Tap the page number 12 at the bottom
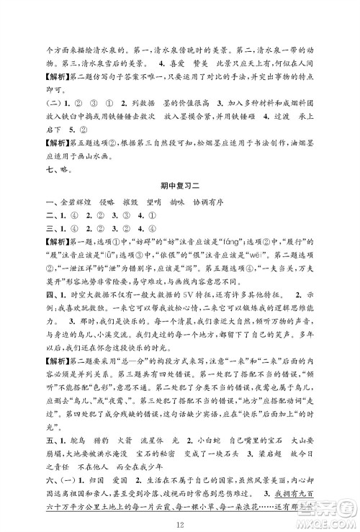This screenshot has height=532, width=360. pos(180,512)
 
